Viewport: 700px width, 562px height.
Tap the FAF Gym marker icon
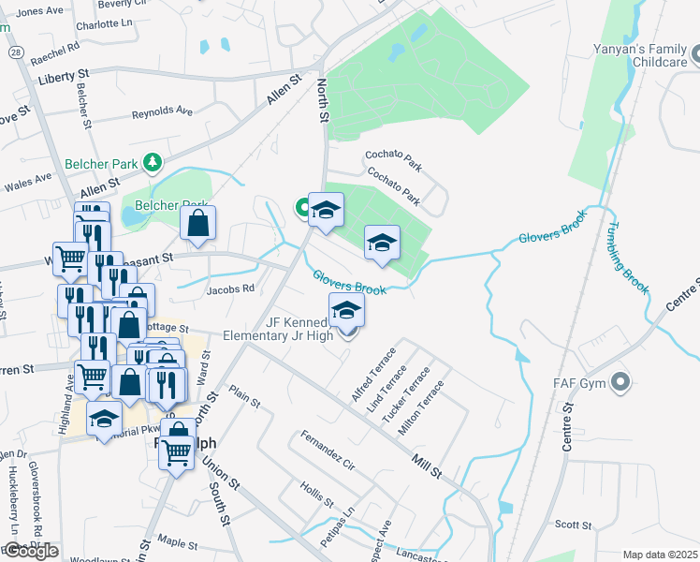[619, 381]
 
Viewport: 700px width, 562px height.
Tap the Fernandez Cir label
[327, 451]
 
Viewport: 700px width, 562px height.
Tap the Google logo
[30, 551]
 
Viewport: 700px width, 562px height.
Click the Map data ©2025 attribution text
[660, 555]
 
